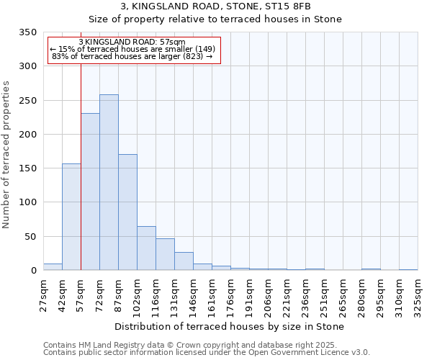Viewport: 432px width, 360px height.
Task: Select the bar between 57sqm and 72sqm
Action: tap(90, 192)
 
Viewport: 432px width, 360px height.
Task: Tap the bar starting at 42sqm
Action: tap(71, 217)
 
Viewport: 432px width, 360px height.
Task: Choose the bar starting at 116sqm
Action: tap(165, 254)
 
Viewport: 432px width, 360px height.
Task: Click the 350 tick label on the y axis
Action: tap(27, 32)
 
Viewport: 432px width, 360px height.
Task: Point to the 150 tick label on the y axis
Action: tap(27, 168)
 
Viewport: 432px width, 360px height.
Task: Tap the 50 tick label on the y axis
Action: tap(30, 236)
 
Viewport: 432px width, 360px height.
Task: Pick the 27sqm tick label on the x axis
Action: tap(43, 292)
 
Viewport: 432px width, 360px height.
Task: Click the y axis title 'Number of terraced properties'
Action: tap(7, 155)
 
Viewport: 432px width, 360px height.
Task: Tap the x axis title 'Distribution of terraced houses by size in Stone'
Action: tap(229, 327)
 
